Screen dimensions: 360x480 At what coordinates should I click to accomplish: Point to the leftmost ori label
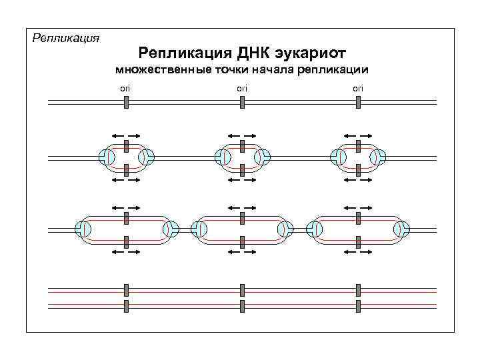125,88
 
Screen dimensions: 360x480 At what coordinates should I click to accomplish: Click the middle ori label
242,88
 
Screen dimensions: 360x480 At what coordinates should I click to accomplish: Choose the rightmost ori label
358,88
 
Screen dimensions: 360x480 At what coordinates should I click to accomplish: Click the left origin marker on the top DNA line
125,102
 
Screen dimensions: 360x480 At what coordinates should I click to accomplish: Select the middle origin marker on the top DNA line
243,102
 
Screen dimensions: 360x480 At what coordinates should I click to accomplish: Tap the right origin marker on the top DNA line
359,102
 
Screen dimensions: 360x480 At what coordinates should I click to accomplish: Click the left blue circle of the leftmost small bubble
105,157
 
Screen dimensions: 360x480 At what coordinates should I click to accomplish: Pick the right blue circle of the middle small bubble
262,157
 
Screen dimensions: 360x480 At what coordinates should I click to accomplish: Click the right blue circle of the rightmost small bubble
379,157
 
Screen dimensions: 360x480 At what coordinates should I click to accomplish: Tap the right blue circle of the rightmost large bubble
401,229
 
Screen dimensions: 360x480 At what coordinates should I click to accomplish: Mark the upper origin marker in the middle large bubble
243,218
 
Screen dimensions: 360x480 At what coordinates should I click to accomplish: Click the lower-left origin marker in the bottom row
125,305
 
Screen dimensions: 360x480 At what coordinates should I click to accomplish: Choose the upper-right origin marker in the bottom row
359,289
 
